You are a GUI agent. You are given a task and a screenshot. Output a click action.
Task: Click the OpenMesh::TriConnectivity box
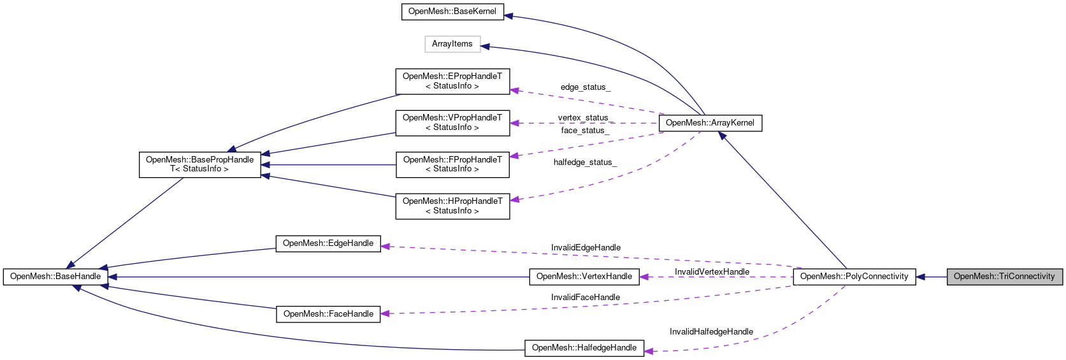(1004, 277)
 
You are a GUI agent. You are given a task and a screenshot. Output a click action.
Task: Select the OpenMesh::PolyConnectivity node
(854, 277)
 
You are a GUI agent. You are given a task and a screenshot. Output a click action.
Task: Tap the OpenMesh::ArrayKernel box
(710, 123)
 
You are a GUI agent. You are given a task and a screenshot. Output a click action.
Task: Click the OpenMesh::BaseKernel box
(452, 11)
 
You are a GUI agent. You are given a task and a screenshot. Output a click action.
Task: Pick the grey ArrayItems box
(452, 44)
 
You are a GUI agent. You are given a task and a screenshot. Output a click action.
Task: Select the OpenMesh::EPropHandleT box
(452, 81)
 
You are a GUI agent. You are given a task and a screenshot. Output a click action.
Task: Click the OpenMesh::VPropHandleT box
(452, 122)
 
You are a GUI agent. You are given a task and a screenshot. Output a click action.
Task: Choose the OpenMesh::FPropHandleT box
(452, 164)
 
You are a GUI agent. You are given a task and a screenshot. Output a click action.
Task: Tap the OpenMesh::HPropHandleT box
(452, 206)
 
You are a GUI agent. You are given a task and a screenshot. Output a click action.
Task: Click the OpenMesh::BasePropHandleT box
(199, 164)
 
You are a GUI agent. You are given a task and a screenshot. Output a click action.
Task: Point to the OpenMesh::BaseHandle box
(55, 277)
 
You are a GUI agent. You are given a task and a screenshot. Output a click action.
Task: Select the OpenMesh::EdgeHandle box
(328, 243)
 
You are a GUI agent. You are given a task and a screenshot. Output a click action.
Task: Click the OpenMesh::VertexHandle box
(584, 277)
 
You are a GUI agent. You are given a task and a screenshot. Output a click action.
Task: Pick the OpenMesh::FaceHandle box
(328, 314)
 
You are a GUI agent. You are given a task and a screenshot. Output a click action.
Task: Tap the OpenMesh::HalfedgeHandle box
(584, 348)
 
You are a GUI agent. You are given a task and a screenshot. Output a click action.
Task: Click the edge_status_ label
(585, 87)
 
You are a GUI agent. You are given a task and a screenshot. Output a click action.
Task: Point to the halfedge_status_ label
(585, 162)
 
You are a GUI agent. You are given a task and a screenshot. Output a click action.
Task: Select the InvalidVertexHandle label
(712, 272)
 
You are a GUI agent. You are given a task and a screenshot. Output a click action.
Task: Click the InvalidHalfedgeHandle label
(711, 332)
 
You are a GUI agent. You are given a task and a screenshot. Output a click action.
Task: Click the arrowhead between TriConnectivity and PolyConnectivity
(921, 277)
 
